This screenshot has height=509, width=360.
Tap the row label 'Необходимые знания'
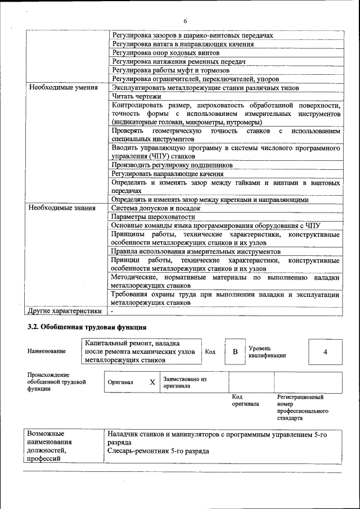click(61, 208)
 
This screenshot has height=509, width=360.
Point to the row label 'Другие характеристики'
click(65, 310)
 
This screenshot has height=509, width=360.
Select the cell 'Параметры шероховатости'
click(154, 217)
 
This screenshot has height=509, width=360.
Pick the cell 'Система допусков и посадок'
click(155, 208)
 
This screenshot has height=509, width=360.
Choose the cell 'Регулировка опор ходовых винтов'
click(165, 52)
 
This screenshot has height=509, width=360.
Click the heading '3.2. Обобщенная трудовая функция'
click(87, 327)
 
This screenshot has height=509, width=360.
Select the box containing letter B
click(235, 352)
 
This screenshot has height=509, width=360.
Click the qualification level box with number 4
click(325, 352)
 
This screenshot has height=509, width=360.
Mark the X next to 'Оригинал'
click(152, 382)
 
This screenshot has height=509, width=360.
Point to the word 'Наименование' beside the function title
click(46, 352)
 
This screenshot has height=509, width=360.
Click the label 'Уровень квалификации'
click(267, 352)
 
